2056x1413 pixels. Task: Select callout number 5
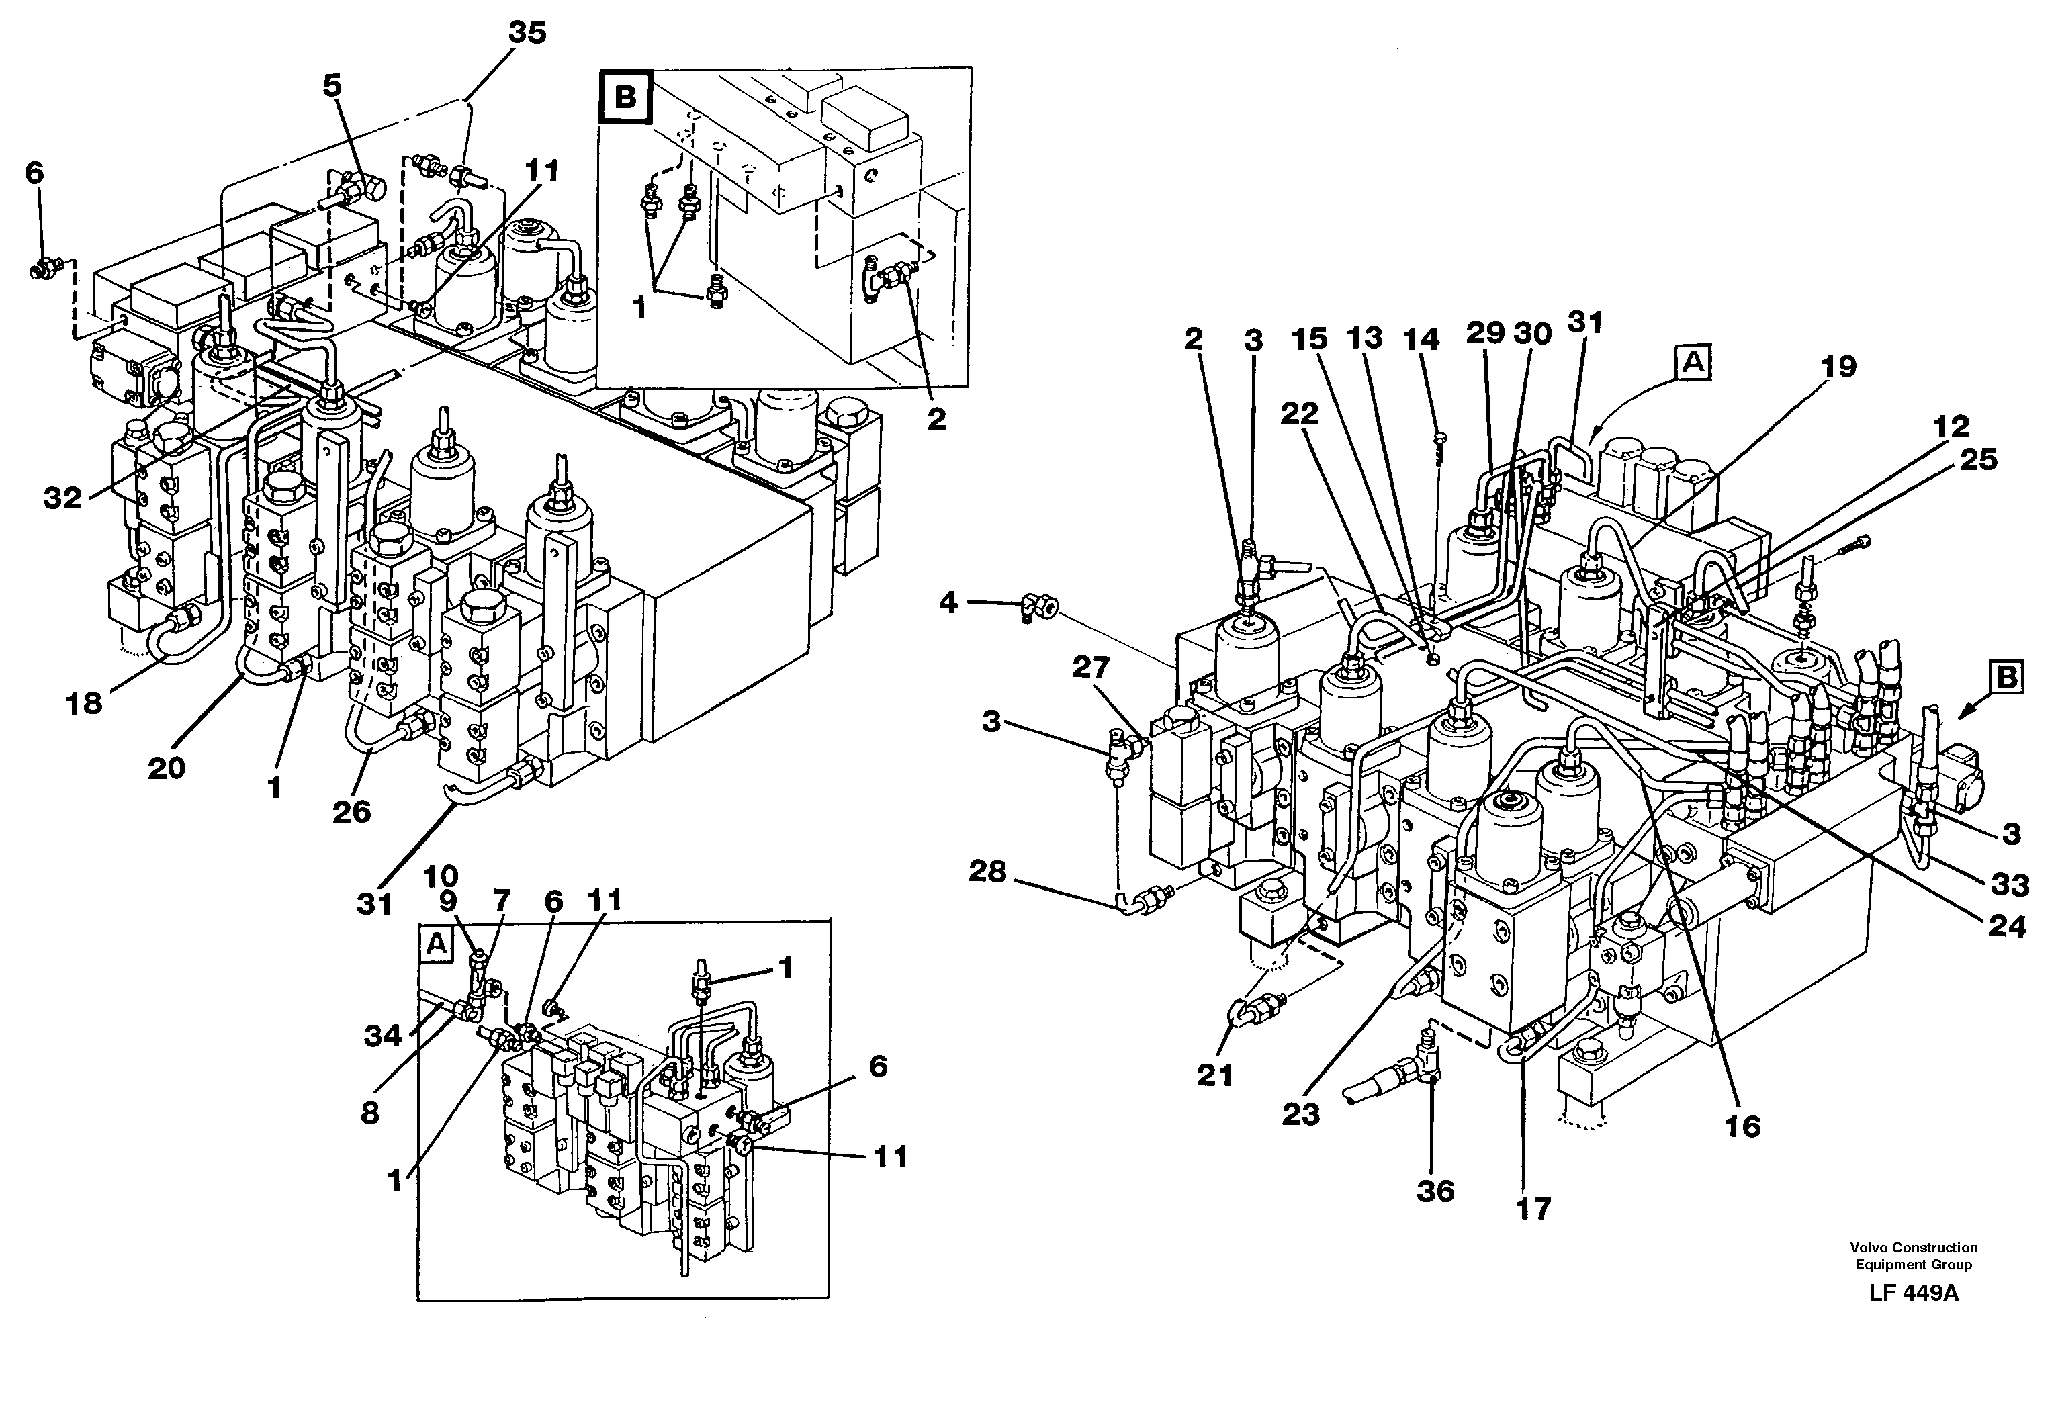pos(332,86)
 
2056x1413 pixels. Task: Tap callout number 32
pos(64,498)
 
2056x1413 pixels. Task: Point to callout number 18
pos(85,703)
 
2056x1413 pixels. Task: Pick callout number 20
pos(167,767)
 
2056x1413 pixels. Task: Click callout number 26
pos(351,811)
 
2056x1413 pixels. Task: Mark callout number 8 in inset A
pos(370,1113)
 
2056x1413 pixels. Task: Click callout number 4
pos(948,603)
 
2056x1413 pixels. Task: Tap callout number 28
pos(988,872)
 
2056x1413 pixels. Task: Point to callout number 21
pos(1215,1076)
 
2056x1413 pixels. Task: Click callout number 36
pos(1435,1191)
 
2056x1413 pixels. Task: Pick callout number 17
pos(1533,1208)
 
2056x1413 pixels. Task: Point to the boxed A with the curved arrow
pos(1694,363)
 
